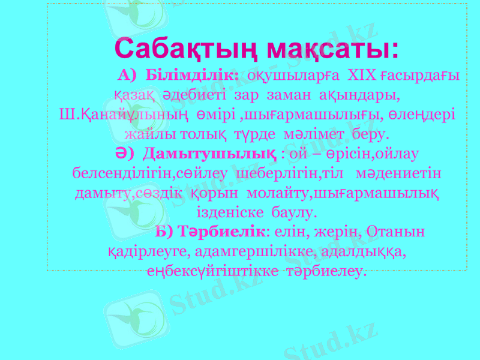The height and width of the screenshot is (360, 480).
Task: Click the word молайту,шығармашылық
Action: click(343, 193)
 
